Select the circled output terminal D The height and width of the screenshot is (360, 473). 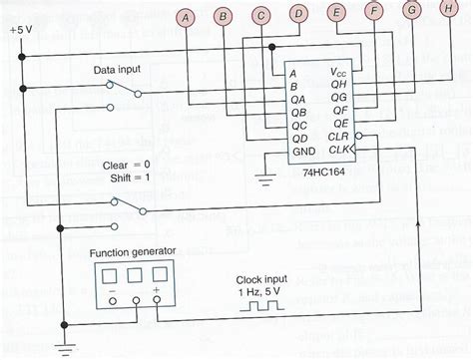298,13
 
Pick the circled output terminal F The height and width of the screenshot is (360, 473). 375,12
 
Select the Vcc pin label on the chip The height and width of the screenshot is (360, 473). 341,73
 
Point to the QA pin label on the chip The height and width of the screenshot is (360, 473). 297,100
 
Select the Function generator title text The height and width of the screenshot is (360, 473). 135,253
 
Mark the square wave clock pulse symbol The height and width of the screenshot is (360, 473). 263,306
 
